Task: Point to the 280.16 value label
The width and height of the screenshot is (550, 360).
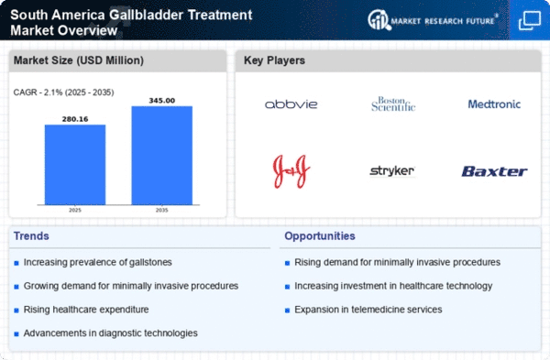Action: pos(74,117)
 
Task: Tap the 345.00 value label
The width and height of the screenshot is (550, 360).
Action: pos(161,99)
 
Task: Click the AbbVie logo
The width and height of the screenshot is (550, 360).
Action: pos(291,104)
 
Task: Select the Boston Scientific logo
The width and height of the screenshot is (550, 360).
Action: pos(393,104)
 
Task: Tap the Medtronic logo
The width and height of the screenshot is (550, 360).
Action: pos(493,104)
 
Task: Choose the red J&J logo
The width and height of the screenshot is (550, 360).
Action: pos(291,169)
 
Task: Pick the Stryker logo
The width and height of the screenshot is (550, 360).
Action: pos(391,170)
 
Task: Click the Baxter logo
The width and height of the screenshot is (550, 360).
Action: pos(493,170)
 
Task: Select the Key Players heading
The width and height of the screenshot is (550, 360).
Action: pos(276,61)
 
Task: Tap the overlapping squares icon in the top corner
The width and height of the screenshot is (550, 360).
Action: pos(529,19)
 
